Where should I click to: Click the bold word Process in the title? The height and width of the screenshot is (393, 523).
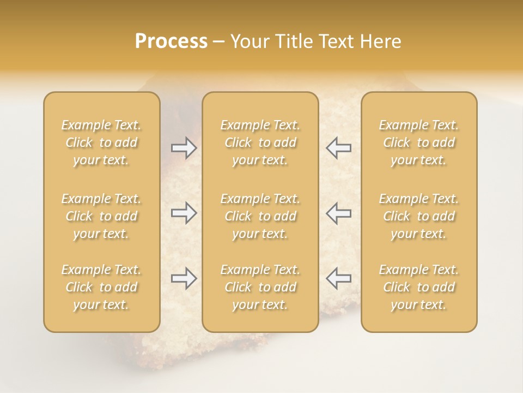pyautogui.click(x=171, y=41)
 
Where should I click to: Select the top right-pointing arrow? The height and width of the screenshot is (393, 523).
pyautogui.click(x=184, y=147)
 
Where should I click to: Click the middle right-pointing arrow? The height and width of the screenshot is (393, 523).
pyautogui.click(x=184, y=213)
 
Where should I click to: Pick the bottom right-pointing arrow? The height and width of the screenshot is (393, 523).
pyautogui.click(x=184, y=278)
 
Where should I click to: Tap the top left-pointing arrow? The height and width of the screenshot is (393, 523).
pyautogui.click(x=338, y=147)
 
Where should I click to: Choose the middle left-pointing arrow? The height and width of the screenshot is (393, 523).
pyautogui.click(x=338, y=213)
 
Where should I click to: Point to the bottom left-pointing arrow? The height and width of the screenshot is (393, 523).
pyautogui.click(x=338, y=278)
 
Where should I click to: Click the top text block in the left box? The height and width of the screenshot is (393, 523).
pyautogui.click(x=101, y=142)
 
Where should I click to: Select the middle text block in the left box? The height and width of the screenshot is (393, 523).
pyautogui.click(x=101, y=216)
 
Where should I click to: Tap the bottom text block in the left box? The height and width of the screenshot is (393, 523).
pyautogui.click(x=101, y=287)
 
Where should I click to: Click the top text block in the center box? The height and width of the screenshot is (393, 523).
pyautogui.click(x=260, y=142)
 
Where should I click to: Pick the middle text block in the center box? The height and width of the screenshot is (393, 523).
pyautogui.click(x=260, y=216)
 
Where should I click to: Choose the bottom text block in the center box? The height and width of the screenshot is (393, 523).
pyautogui.click(x=260, y=287)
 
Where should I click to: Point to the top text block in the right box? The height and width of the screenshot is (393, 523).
pyautogui.click(x=419, y=142)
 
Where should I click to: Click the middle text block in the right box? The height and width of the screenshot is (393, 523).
pyautogui.click(x=419, y=216)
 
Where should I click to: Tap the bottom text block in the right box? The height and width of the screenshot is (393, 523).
pyautogui.click(x=419, y=287)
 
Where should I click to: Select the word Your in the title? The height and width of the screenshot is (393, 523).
pyautogui.click(x=248, y=41)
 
